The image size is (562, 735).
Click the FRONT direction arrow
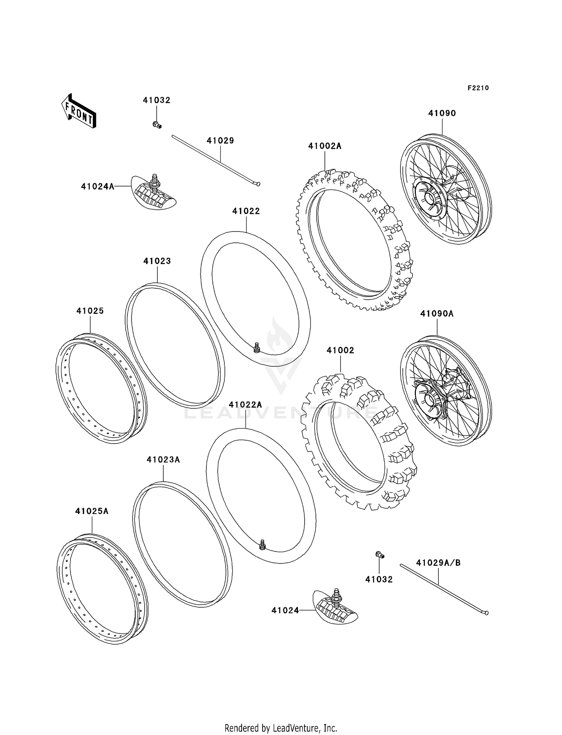[79, 111]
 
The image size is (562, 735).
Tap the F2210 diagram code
[478, 88]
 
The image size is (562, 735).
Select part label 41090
[442, 113]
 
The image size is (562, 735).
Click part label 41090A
[437, 314]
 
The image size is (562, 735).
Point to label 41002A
[325, 146]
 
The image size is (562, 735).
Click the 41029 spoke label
[220, 140]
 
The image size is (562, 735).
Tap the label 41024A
[97, 186]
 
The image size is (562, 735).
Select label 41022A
[245, 405]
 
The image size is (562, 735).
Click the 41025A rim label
[92, 511]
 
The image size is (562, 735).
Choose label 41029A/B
[438, 563]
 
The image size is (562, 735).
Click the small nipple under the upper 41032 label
[157, 125]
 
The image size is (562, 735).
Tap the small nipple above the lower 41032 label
[380, 555]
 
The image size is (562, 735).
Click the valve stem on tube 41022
[257, 348]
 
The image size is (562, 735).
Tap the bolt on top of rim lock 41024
[336, 593]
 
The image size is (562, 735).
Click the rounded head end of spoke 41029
[257, 184]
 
